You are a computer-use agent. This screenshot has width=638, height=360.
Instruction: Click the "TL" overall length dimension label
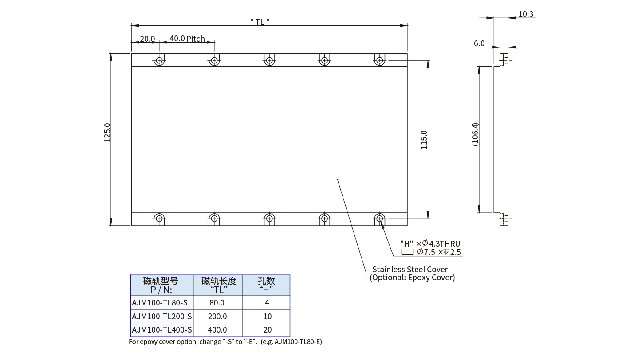click(x=260, y=21)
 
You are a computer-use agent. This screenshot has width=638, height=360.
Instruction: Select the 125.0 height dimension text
click(x=107, y=133)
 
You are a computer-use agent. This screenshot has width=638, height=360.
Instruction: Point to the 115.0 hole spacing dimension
click(x=424, y=139)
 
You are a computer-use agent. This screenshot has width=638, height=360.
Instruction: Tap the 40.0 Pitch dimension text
click(x=187, y=39)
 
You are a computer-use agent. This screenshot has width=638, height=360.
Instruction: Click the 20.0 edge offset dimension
click(x=147, y=39)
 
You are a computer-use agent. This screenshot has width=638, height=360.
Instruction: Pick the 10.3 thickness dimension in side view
click(x=526, y=14)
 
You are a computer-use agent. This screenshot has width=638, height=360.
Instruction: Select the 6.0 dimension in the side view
click(x=479, y=43)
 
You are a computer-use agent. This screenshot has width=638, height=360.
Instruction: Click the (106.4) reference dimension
click(x=475, y=139)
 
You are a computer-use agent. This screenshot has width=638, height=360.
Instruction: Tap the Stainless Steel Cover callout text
click(x=410, y=269)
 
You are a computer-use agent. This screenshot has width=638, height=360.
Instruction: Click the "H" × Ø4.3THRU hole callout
click(x=430, y=243)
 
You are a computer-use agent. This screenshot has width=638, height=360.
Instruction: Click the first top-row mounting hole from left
click(x=159, y=60)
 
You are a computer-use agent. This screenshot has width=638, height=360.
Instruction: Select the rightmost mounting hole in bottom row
click(x=379, y=218)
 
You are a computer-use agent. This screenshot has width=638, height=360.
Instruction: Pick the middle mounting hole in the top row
click(x=269, y=60)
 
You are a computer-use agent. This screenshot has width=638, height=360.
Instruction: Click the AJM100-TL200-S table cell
click(x=162, y=316)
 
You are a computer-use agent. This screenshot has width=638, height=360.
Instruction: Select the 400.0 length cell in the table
click(x=217, y=329)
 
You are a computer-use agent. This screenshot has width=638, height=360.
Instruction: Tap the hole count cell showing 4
click(x=267, y=303)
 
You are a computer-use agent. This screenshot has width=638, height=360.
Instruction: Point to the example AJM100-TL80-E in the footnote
click(x=298, y=342)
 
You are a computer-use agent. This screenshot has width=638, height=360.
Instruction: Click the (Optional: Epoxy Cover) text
click(x=412, y=278)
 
